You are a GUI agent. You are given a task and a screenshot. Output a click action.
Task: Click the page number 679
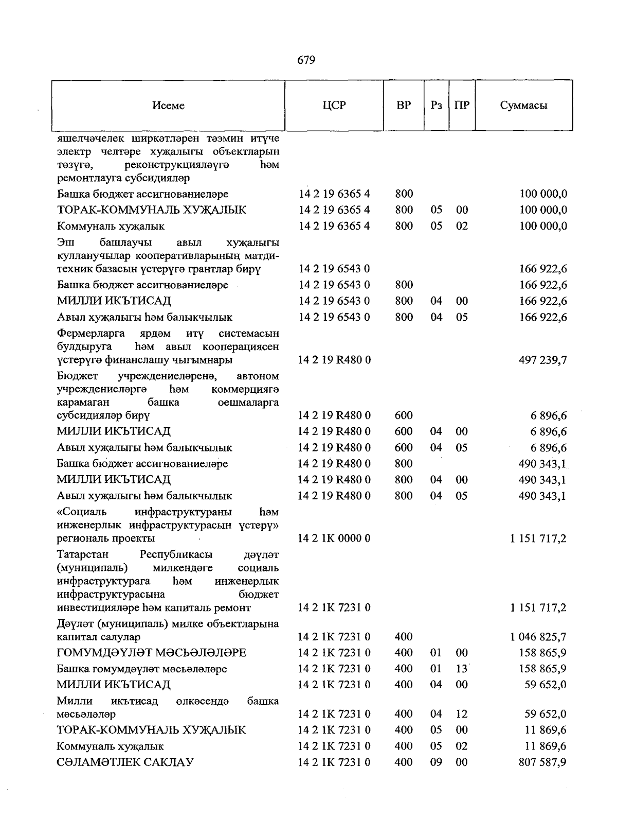pos(306,60)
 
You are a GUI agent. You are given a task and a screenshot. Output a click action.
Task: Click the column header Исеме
pos(168,106)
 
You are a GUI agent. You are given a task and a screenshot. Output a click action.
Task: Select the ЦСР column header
pos(334,106)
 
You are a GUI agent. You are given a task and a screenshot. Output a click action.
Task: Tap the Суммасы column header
pos(523,106)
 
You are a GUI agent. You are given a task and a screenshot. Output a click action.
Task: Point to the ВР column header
pos(404,106)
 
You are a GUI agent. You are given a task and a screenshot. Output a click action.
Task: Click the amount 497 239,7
pos(539,360)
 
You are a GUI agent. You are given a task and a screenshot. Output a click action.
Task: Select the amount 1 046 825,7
pos(538,637)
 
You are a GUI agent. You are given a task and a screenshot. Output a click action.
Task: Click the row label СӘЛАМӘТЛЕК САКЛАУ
pos(125,762)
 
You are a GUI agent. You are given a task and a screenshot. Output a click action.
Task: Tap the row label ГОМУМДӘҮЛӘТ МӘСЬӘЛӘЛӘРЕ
pos(152,653)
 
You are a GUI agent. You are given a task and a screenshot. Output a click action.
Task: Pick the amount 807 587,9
pos(542,762)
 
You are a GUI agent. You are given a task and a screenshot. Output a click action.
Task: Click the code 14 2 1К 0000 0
pos(334,538)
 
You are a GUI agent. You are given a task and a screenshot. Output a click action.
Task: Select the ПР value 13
pos(462,669)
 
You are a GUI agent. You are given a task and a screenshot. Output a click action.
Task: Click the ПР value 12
pos(462,714)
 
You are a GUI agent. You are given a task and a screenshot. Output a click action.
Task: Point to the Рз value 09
pos(436,762)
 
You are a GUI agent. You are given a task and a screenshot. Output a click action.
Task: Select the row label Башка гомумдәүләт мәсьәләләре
pos(142,669)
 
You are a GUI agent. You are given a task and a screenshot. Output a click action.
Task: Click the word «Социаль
pos(82,512)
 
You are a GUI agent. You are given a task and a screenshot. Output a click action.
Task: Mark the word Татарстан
pos(83,555)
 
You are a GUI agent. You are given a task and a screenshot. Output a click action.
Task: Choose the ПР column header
pos(462,106)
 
